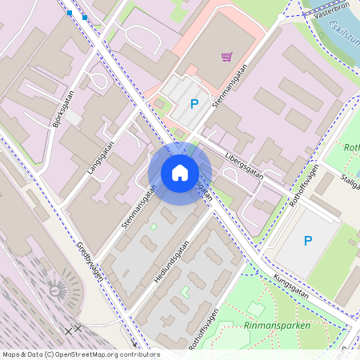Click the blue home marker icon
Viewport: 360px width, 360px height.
tap(180, 173)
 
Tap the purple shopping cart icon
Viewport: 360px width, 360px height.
tap(226, 57)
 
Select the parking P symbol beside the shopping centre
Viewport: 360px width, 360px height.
tap(194, 103)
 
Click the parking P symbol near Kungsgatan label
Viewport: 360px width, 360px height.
tap(307, 240)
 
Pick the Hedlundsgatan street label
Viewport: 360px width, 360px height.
tap(170, 264)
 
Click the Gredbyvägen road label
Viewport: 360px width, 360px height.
tap(90, 261)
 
